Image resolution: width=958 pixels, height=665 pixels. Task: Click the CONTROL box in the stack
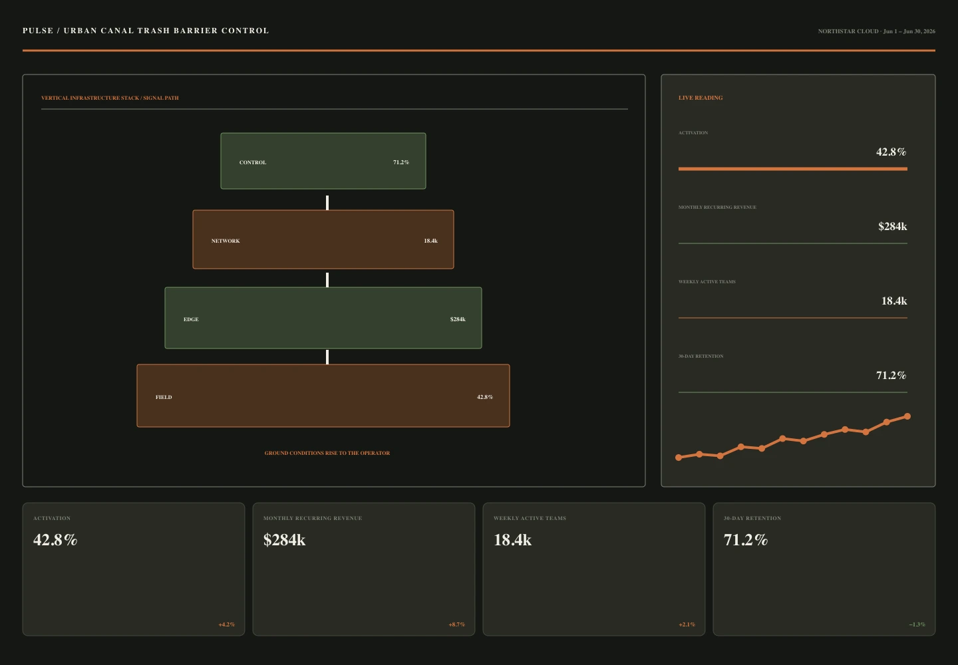[x=323, y=161]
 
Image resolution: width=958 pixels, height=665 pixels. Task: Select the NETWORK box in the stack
[x=323, y=239]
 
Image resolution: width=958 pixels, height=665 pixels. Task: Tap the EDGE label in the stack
[x=191, y=319]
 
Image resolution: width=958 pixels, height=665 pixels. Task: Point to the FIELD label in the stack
[x=164, y=397]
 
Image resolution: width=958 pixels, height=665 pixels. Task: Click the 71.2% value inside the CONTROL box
[x=401, y=162]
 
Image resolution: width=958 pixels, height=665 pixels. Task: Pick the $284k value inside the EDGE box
[x=458, y=319]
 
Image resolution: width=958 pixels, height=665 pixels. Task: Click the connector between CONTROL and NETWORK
[x=327, y=203]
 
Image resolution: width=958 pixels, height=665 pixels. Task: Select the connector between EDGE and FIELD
[x=327, y=357]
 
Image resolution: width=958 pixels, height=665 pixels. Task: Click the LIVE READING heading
[x=701, y=98]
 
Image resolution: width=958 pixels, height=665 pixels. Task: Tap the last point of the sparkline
[x=907, y=416]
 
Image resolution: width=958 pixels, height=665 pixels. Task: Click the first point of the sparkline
[x=679, y=458]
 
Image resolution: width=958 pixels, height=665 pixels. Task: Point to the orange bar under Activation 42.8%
[x=793, y=169]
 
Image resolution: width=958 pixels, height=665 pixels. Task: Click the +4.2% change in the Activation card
[x=227, y=624]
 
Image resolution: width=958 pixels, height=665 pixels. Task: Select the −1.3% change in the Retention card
[x=917, y=624]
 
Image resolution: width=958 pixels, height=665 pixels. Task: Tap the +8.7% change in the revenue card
[x=457, y=624]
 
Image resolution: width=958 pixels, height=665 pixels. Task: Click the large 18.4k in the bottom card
[x=512, y=540]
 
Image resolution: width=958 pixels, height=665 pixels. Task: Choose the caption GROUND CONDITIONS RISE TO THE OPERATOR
[x=327, y=453]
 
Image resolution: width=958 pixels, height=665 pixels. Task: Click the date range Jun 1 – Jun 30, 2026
[x=909, y=31]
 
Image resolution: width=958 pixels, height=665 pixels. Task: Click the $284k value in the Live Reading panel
[x=893, y=226]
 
